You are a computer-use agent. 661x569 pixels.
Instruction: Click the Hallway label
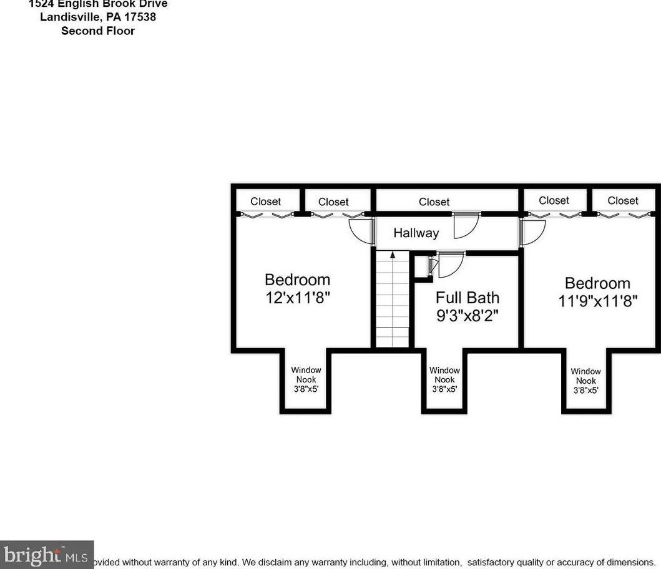(416, 233)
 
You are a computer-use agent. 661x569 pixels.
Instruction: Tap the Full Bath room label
(467, 298)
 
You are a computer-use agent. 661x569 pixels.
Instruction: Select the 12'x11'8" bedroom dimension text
(298, 298)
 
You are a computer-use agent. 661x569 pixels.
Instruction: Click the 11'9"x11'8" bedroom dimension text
(597, 301)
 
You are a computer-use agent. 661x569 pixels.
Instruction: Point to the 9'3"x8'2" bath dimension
(468, 315)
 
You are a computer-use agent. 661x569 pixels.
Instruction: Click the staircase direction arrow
(392, 255)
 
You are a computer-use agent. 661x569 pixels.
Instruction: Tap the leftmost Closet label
(265, 202)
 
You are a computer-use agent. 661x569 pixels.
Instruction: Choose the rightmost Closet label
(622, 200)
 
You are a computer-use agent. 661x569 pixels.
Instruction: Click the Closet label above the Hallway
(434, 202)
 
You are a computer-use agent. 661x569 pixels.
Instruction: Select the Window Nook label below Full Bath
(444, 379)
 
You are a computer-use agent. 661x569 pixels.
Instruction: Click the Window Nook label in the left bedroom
(306, 379)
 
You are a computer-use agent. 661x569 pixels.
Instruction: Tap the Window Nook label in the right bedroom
(585, 381)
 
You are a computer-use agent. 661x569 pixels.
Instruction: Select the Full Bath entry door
(449, 266)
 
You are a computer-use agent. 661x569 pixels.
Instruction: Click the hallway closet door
(466, 226)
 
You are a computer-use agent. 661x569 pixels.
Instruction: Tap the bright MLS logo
(46, 554)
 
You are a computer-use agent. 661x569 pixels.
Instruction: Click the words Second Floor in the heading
(98, 31)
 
